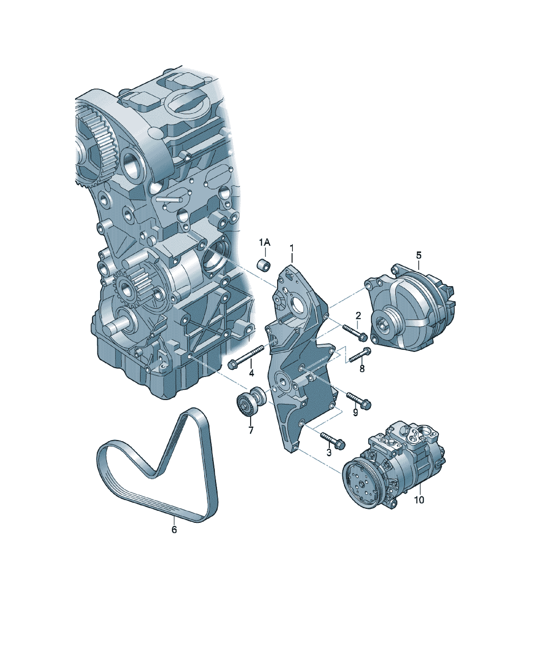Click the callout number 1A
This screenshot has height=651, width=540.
(x=265, y=242)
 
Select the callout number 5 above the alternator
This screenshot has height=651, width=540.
(x=419, y=255)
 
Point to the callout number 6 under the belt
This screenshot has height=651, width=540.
(x=174, y=530)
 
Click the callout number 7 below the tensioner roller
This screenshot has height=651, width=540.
(x=251, y=430)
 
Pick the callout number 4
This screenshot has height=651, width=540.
(x=251, y=373)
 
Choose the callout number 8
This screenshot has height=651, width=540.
(x=362, y=368)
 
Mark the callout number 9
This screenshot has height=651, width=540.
(x=355, y=412)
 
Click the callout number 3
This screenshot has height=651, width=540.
(x=329, y=453)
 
